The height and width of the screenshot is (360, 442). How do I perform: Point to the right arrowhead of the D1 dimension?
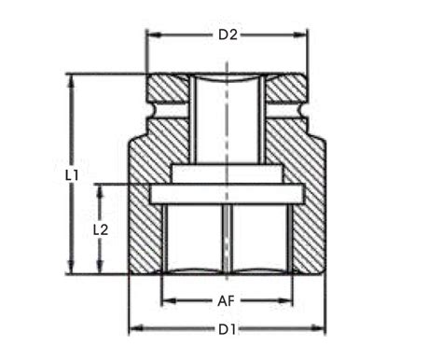tap(324, 328)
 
